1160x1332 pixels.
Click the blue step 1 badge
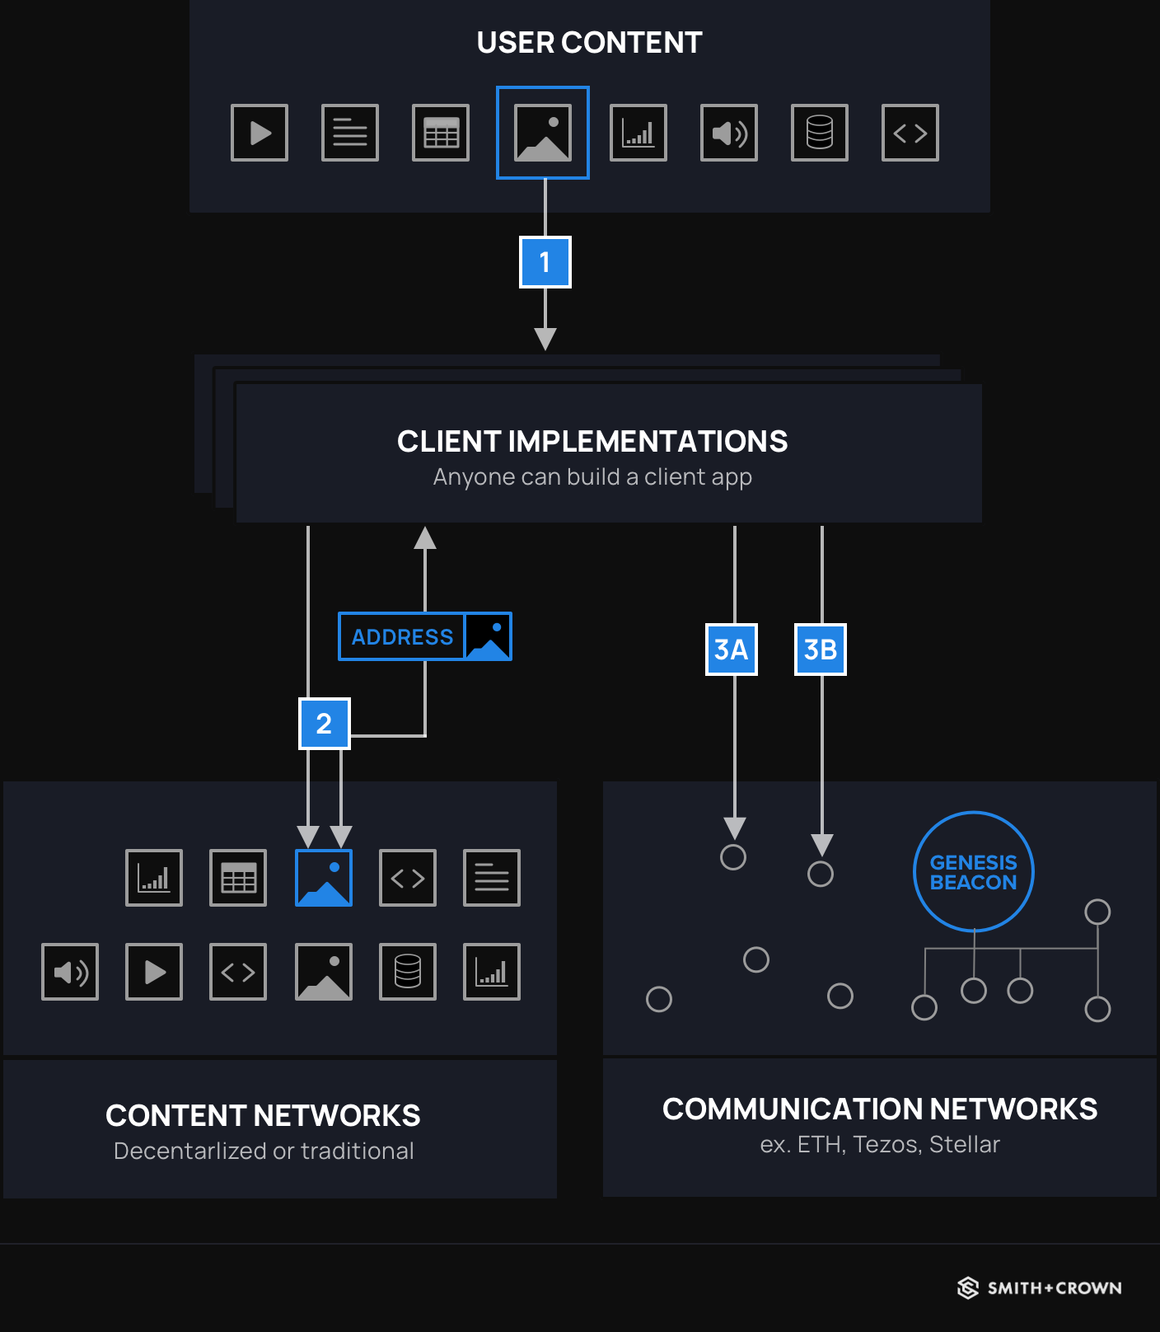coord(545,262)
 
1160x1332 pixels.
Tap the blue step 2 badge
coord(324,724)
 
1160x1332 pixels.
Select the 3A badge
coord(731,650)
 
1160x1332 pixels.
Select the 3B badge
coord(820,650)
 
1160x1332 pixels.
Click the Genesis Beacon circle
coord(973,872)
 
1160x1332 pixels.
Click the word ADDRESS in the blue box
coord(402,637)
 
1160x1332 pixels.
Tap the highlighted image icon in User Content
coord(542,133)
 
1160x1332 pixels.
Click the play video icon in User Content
coord(260,133)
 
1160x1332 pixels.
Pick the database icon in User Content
coord(819,133)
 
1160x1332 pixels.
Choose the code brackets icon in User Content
coord(910,133)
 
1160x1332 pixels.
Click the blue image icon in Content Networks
coord(324,878)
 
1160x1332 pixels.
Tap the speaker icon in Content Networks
coord(70,972)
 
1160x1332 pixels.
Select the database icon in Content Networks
coord(408,972)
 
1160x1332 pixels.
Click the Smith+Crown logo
coord(1039,1287)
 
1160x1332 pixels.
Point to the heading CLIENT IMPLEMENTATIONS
coord(592,442)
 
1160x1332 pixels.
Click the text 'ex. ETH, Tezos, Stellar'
coord(879,1144)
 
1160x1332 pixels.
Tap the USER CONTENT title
coord(589,43)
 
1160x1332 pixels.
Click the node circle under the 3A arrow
coord(732,857)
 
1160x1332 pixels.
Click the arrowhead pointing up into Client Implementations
coord(425,538)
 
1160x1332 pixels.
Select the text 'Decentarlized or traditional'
coord(264,1151)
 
